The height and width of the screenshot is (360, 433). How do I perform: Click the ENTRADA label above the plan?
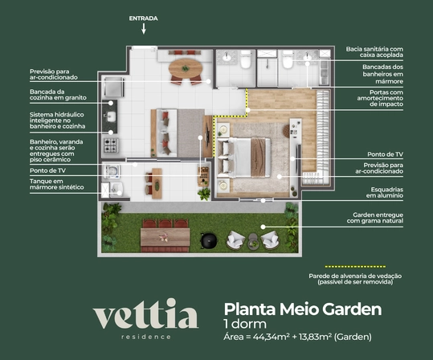[143, 18]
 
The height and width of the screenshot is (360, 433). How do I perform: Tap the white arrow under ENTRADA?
[144, 28]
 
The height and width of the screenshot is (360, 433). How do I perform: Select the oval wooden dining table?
[186, 68]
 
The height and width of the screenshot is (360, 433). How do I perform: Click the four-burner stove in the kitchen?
[110, 145]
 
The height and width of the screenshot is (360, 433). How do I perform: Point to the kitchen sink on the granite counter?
[112, 117]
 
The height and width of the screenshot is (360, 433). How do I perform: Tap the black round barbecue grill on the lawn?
[209, 240]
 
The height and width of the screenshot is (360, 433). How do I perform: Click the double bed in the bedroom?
[244, 157]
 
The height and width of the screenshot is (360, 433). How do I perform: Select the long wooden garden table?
[165, 237]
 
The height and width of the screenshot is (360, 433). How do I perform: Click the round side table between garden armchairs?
[253, 241]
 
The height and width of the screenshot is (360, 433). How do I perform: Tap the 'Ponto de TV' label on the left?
[47, 170]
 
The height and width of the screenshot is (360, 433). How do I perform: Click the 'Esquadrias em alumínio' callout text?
[385, 192]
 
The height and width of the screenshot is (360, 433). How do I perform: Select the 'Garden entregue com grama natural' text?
[375, 218]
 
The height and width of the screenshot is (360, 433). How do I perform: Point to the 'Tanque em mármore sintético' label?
[57, 184]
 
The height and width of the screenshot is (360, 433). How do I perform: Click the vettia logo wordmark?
[145, 313]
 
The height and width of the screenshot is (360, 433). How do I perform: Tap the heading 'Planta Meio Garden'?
[303, 309]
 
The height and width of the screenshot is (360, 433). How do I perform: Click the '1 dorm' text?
[245, 324]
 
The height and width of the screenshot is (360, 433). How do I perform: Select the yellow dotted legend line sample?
[355, 267]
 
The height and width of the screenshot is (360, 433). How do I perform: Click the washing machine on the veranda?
[112, 171]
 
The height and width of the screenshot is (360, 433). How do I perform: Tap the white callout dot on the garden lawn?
[263, 227]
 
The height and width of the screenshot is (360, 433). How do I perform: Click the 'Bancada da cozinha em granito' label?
[58, 95]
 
